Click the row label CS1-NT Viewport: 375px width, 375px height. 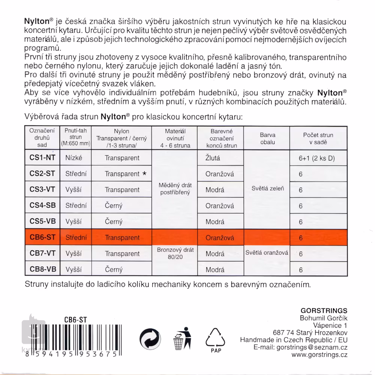[x=42, y=158]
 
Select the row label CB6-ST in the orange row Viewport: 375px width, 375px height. [x=42, y=237]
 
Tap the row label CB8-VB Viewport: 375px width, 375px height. [x=42, y=269]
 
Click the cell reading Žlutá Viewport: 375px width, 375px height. [x=213, y=158]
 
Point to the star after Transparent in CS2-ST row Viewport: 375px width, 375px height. [x=144, y=174]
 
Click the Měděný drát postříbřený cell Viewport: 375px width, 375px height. [x=175, y=189]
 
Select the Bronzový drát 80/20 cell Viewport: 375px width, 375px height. [x=175, y=253]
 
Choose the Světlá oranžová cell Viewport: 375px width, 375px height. [x=267, y=253]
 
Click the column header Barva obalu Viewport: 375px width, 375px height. [x=267, y=138]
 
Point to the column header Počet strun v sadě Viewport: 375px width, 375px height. [x=318, y=138]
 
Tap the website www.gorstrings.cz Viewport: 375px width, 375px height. [x=319, y=354]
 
